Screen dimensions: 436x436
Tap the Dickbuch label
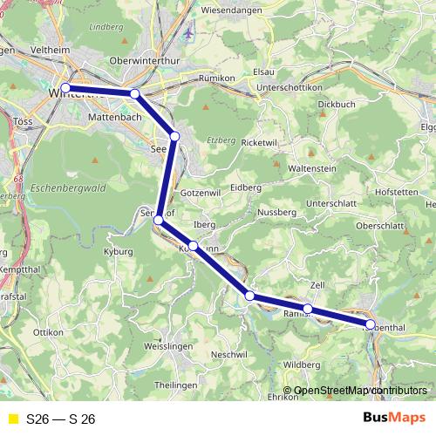tap(337, 104)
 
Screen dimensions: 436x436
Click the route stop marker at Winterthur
tap(65, 87)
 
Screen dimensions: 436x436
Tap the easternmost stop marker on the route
tap(370, 324)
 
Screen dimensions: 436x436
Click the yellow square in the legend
tap(12, 419)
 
